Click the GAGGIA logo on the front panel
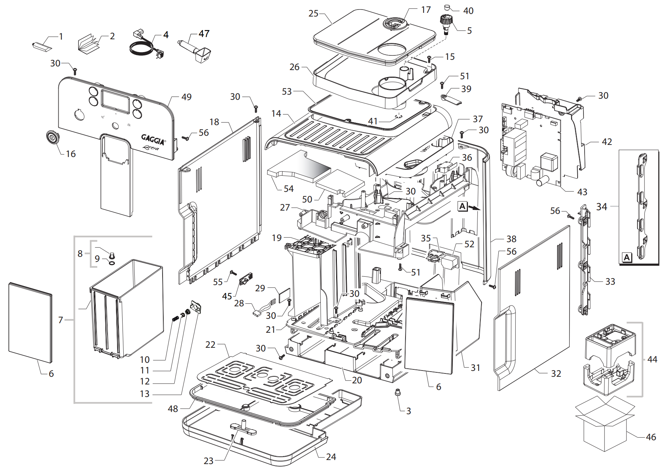[x=153, y=139]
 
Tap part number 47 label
[x=204, y=34]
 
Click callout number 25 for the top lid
[x=313, y=14]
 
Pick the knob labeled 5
[x=446, y=23]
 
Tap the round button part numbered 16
[x=52, y=138]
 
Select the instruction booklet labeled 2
[x=89, y=43]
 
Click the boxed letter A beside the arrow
[x=462, y=207]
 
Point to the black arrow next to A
[x=474, y=208]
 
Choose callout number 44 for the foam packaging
[x=652, y=360]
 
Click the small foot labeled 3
[x=397, y=393]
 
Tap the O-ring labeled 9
[x=111, y=262]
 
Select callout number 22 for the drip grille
[x=210, y=345]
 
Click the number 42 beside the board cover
[x=607, y=142]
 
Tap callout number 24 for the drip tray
[x=331, y=457]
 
